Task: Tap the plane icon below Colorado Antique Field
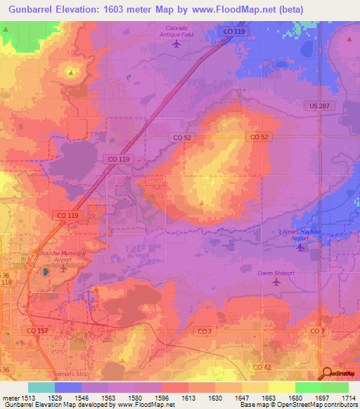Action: click(176, 44)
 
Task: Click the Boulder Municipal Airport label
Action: click(64, 256)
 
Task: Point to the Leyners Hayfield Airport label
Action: click(302, 234)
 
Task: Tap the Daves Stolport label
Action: click(274, 273)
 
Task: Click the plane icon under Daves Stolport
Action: click(275, 283)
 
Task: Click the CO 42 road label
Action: click(262, 367)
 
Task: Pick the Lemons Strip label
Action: click(69, 374)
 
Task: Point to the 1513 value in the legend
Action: click(28, 398)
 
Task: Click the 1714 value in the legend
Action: click(348, 398)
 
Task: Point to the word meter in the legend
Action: click(10, 398)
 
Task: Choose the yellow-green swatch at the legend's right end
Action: click(335, 387)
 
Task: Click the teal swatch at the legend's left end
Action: click(41, 387)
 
